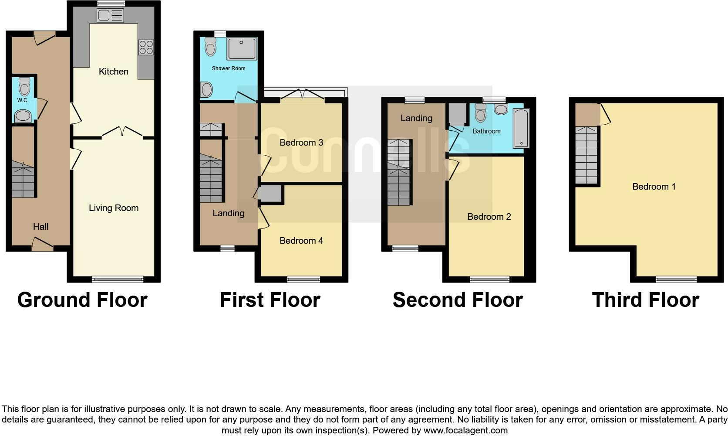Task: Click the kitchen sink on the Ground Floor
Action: [x=111, y=16]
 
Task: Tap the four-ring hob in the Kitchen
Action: [x=146, y=47]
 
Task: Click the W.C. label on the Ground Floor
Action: [x=23, y=100]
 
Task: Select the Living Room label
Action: [x=114, y=208]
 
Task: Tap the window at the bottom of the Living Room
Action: [x=118, y=279]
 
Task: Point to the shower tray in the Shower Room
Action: [x=242, y=48]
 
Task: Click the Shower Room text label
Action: [x=229, y=68]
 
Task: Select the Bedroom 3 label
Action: [x=301, y=143]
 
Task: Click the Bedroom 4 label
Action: [x=301, y=241]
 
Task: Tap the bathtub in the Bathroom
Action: [x=521, y=128]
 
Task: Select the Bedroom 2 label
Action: [x=489, y=217]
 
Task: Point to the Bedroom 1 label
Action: [x=654, y=187]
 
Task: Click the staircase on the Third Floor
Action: [x=586, y=156]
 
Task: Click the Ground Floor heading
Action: [x=82, y=300]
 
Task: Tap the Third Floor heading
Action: [x=645, y=300]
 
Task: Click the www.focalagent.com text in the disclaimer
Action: [x=465, y=430]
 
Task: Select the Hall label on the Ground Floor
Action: [x=40, y=226]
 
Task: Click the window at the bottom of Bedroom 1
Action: [x=676, y=279]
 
